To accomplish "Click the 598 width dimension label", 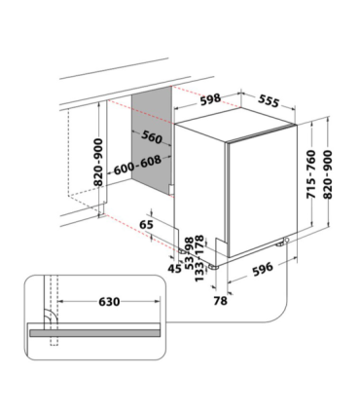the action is [x=210, y=99].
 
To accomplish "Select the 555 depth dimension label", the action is [x=269, y=101].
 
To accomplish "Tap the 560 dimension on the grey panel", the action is [x=152, y=137].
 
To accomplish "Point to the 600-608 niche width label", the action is [x=137, y=165].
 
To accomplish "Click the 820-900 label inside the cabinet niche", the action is [x=98, y=163].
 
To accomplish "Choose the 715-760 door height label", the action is [x=311, y=174].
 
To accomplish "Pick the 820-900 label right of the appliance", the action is [x=328, y=174].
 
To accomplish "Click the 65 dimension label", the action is [x=146, y=224].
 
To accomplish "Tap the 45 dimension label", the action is [x=175, y=269].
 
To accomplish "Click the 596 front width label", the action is [x=263, y=269].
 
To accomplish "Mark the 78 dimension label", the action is [x=221, y=301].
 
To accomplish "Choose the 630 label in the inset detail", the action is [x=109, y=302].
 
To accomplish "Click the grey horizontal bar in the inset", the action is [x=95, y=333].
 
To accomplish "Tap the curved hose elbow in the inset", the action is [x=51, y=315].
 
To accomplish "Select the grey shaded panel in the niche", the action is [x=152, y=141].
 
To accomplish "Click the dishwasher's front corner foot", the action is [x=213, y=267].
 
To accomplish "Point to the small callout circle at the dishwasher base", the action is [x=287, y=240].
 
